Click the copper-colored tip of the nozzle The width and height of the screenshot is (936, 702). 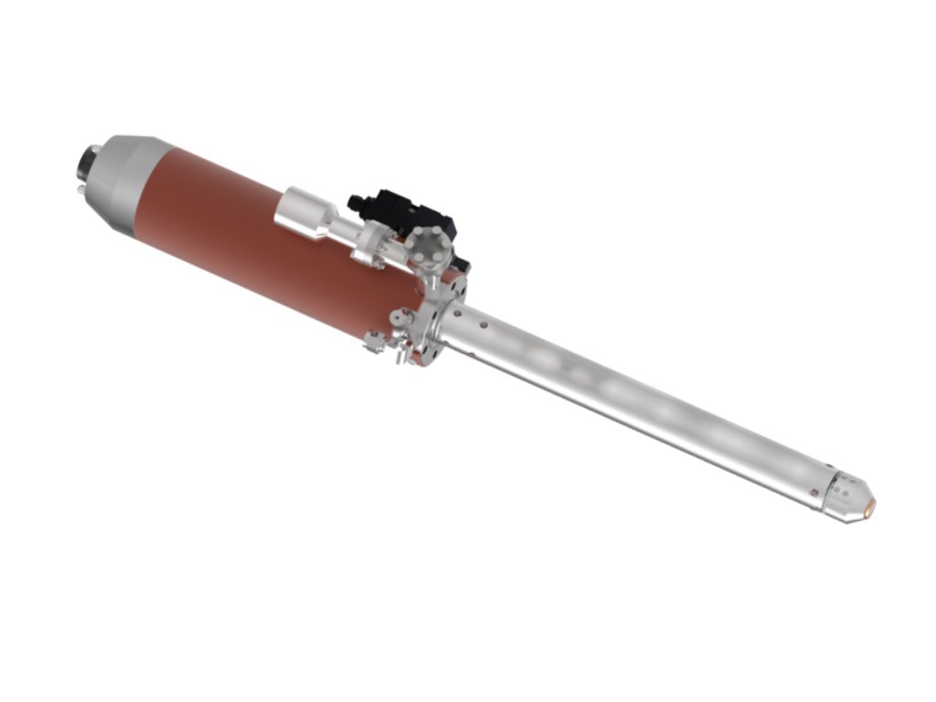[x=870, y=505]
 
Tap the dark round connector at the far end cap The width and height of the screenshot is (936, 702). [x=90, y=159]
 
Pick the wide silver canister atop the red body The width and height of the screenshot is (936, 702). [x=305, y=212]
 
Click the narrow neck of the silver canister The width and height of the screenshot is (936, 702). [x=343, y=229]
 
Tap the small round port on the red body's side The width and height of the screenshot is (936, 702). [x=399, y=317]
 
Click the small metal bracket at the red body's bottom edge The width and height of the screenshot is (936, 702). [x=374, y=341]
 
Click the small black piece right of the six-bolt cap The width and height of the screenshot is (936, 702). [x=463, y=265]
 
